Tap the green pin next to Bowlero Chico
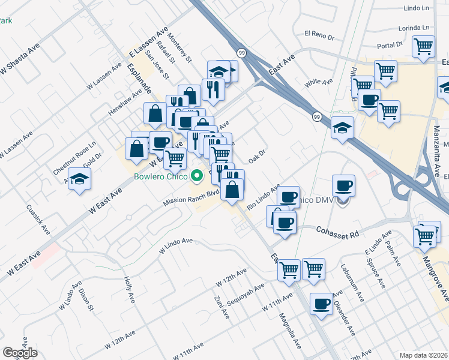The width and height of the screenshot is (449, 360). (x=196, y=176)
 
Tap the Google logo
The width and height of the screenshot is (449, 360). (x=20, y=353)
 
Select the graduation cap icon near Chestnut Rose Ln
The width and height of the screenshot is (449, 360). (x=79, y=179)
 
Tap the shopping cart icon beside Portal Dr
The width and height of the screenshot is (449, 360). (x=424, y=47)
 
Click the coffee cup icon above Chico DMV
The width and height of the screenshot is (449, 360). (x=343, y=185)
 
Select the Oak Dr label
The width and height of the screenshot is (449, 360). (x=256, y=157)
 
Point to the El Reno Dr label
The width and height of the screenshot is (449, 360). (x=319, y=35)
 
